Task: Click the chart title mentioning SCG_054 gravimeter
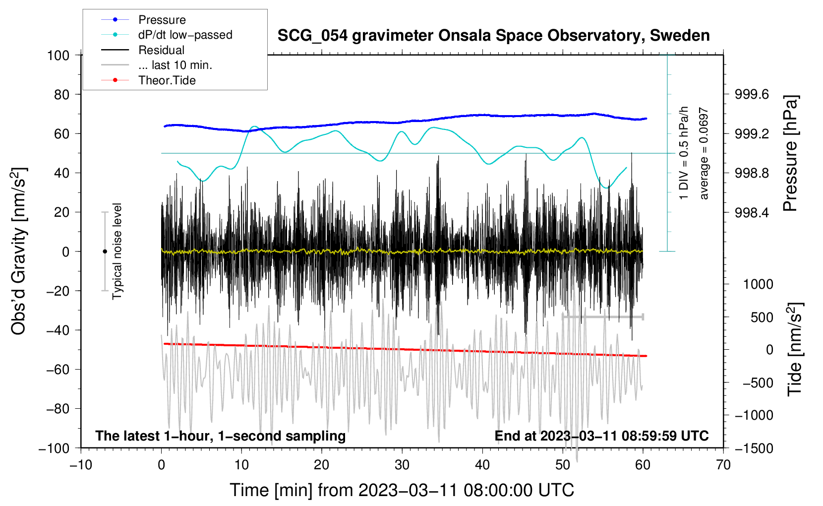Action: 493,36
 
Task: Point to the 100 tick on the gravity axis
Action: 59,56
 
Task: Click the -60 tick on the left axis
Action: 58,370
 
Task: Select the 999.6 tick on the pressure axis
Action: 752,95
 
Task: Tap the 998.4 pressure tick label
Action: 752,212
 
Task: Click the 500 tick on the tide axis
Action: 762,317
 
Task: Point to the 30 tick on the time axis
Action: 402,465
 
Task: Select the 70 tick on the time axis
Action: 723,465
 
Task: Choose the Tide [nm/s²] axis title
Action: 795,349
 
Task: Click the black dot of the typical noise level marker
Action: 105,252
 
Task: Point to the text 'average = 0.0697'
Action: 704,154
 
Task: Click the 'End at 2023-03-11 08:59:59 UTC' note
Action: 601,436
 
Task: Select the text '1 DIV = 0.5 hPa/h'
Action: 683,153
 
